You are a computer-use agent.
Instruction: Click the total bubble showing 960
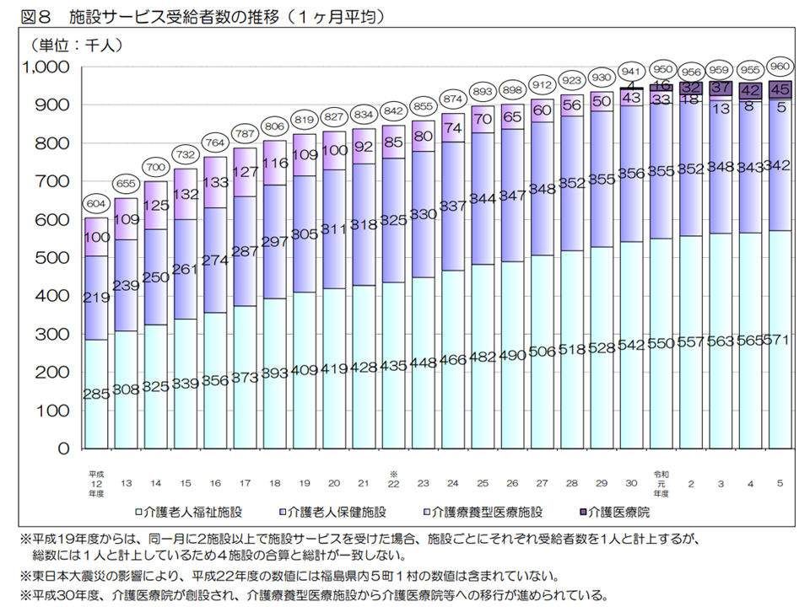(780, 65)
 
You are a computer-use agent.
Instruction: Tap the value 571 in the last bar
(780, 341)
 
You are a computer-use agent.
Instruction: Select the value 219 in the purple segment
(96, 297)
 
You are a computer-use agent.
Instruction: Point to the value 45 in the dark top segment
(780, 89)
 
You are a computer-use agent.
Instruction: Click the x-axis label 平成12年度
(95, 483)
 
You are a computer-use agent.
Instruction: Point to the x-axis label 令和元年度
(661, 483)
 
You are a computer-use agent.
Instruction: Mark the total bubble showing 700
(155, 165)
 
